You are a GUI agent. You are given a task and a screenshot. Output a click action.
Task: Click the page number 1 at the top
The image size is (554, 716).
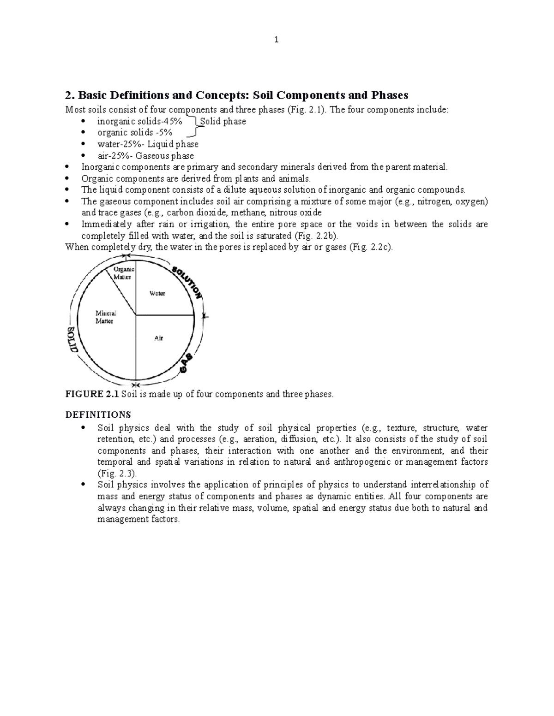pos(276,40)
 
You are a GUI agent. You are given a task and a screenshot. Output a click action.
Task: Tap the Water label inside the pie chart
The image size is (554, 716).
pos(157,293)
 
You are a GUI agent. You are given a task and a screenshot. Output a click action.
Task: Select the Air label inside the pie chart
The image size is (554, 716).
pos(158,338)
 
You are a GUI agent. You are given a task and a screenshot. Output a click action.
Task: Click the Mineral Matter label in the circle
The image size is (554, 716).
pos(106,317)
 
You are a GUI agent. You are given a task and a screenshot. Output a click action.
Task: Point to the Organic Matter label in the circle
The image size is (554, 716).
pos(123,273)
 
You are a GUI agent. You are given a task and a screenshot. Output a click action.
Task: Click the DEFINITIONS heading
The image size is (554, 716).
pos(98,414)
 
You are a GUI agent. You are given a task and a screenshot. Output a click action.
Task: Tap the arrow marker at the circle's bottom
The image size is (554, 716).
pos(135,385)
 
